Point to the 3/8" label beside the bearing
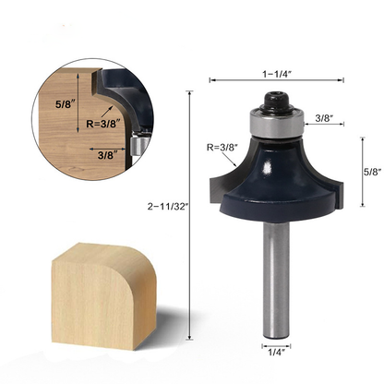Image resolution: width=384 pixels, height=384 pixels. click(324, 117)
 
